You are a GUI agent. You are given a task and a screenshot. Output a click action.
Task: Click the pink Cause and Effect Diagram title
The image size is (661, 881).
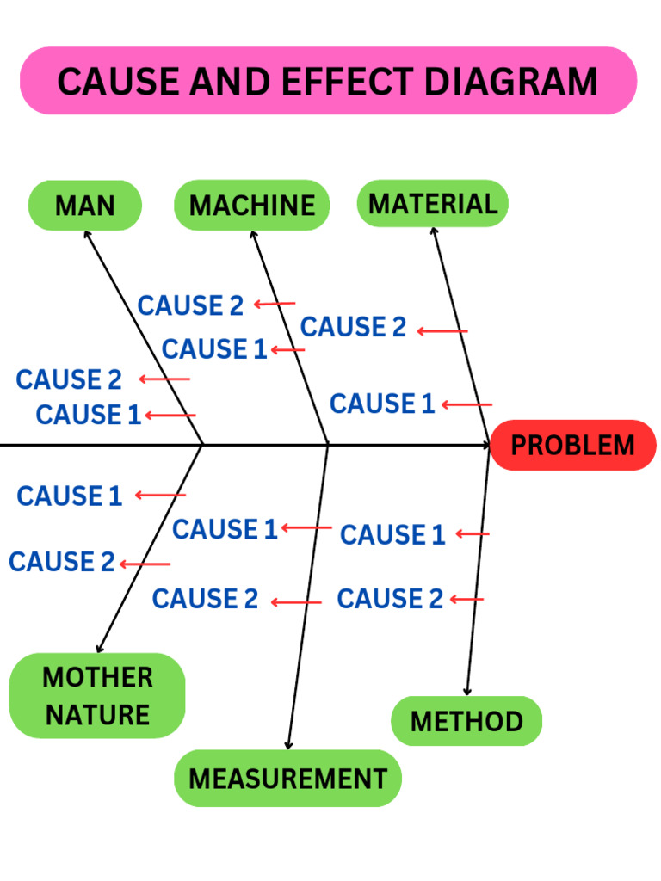pos(328,81)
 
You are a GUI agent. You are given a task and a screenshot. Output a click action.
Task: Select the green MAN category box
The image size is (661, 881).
pos(84,206)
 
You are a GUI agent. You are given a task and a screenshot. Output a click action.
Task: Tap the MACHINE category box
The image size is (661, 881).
pos(251,206)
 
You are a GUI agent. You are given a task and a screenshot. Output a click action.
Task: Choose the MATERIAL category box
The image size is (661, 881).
pos(432,204)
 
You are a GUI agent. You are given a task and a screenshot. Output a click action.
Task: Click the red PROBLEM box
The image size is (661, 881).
pos(572,446)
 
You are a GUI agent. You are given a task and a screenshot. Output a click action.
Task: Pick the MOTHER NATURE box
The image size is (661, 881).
pos(97,695)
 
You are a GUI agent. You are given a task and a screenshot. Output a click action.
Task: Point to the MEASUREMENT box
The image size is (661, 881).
pos(287,779)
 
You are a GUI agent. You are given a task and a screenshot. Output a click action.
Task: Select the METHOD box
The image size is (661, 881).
pos(466,721)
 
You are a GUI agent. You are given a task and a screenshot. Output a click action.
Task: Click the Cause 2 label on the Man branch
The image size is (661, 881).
pos(69,379)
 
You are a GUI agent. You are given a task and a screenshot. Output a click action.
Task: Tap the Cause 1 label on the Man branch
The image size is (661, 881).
pos(88,415)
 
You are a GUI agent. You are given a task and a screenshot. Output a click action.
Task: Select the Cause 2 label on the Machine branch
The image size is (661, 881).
pos(190,305)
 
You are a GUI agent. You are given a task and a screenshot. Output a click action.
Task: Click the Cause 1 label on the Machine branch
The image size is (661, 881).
pos(214,349)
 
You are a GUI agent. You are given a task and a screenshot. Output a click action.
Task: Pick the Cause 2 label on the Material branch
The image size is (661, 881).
pos(353,328)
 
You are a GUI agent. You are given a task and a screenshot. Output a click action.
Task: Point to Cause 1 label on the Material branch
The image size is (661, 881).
pos(382,404)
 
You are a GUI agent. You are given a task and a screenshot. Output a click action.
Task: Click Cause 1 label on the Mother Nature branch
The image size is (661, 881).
pos(69,496)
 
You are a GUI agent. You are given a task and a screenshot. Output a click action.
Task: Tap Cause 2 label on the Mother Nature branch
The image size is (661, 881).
pos(61,562)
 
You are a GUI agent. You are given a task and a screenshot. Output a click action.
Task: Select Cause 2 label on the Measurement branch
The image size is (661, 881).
pos(205,599)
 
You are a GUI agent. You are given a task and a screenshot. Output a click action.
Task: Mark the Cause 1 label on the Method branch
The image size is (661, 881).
pos(392,535)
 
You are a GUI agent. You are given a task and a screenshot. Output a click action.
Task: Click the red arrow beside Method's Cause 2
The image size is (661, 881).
pos(466,600)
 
